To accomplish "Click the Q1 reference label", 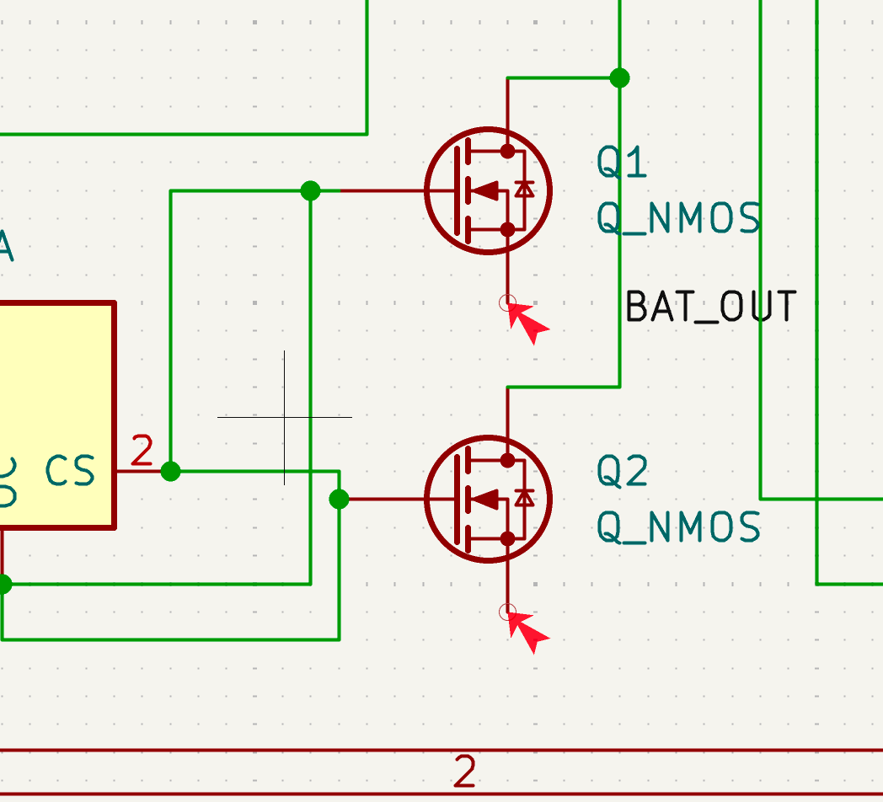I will click(622, 163).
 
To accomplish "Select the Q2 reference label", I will click(622, 472).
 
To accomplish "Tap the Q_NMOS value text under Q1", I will click(678, 219).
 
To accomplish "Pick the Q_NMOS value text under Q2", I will click(678, 528).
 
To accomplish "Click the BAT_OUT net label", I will click(710, 307).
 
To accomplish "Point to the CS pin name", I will click(70, 472).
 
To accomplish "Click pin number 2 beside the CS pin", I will click(142, 452).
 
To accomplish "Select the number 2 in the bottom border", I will click(465, 772).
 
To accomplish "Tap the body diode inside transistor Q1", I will click(525, 190).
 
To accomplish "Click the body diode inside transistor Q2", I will click(525, 499).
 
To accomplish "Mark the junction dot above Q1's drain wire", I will click(619, 78).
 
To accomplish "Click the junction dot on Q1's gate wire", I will click(310, 190).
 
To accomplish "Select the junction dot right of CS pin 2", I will click(170, 471).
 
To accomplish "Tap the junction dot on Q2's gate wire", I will click(339, 499).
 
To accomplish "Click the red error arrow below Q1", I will click(527, 322).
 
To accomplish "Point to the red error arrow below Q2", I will click(527, 631).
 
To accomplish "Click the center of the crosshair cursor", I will click(285, 417).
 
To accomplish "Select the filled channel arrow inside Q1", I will click(484, 190).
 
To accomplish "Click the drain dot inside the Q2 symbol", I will click(507, 460).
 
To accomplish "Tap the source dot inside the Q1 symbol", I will click(507, 228).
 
